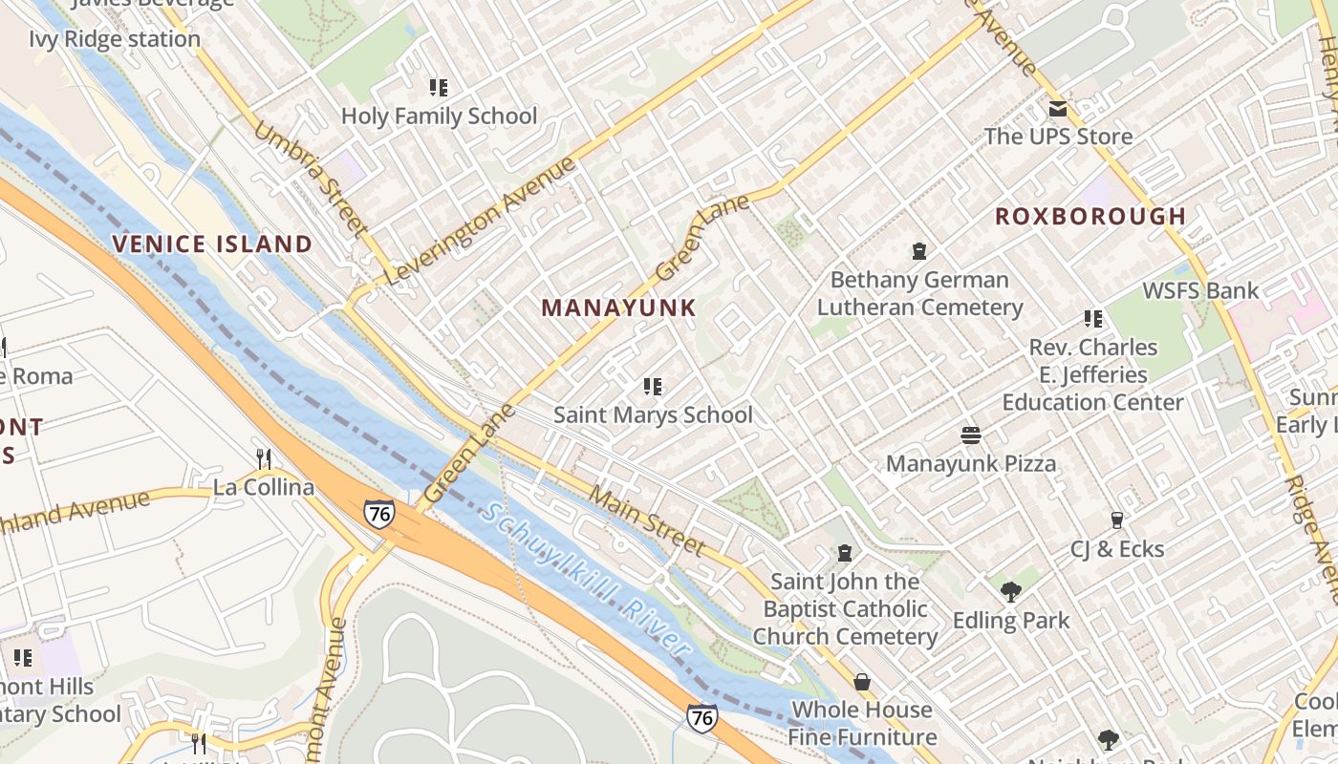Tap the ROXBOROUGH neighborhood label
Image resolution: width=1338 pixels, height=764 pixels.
coord(1090,216)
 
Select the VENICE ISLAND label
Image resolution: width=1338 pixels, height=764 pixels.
coord(212,244)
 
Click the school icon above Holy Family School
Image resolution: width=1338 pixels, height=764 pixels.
coord(439,88)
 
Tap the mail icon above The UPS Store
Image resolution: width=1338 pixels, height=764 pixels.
coord(1058,109)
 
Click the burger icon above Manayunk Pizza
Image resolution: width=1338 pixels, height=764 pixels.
coord(971,435)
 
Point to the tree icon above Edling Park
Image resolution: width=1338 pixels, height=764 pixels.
coord(1011,592)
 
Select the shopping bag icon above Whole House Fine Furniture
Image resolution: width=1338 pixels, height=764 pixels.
coord(862,682)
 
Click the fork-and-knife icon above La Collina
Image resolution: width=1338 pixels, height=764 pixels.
coord(264,459)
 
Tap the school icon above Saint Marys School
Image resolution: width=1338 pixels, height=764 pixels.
coord(653,387)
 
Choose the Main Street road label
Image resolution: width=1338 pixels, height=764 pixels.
coord(647,521)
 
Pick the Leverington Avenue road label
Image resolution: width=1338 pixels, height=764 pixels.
coord(481,221)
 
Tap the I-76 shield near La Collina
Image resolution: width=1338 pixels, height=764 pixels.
coord(378,514)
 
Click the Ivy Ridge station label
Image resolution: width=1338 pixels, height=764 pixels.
coord(115,39)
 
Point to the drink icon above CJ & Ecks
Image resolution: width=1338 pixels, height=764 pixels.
coord(1116,520)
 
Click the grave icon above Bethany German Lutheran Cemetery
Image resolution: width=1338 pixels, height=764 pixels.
coord(919,251)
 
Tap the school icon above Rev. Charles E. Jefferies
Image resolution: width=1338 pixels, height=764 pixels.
coord(1092,319)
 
